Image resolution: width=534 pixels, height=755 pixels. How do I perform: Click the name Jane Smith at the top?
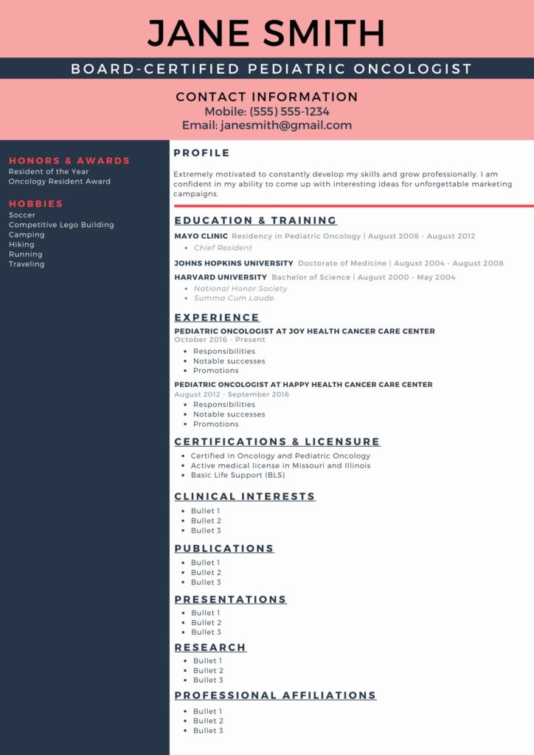(x=266, y=33)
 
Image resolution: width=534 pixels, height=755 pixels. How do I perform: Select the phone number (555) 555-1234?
(x=289, y=111)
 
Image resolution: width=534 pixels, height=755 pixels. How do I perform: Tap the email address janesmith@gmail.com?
(x=286, y=125)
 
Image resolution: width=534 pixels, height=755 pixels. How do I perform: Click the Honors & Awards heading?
(x=69, y=161)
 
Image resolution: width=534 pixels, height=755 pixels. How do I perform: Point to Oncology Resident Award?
(x=60, y=181)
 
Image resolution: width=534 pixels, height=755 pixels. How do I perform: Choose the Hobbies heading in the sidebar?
(x=36, y=203)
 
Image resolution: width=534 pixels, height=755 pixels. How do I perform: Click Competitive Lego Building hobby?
(x=61, y=225)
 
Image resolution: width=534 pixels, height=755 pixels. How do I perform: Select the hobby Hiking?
(x=21, y=244)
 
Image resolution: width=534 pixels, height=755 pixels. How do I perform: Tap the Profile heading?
(x=201, y=153)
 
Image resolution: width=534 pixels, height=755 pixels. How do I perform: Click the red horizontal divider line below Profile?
(x=353, y=206)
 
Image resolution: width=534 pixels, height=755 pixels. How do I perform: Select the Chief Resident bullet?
(x=223, y=248)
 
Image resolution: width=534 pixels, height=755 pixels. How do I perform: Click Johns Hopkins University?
(x=234, y=263)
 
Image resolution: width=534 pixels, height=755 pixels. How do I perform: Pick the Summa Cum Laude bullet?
(x=234, y=299)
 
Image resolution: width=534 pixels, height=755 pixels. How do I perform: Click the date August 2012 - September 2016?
(x=232, y=394)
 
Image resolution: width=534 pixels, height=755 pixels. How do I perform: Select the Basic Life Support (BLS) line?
(x=237, y=476)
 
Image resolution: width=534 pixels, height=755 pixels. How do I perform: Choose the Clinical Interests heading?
(x=245, y=497)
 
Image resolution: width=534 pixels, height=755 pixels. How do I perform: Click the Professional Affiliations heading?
(x=275, y=695)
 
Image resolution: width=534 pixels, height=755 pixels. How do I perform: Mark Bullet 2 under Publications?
(x=206, y=572)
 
